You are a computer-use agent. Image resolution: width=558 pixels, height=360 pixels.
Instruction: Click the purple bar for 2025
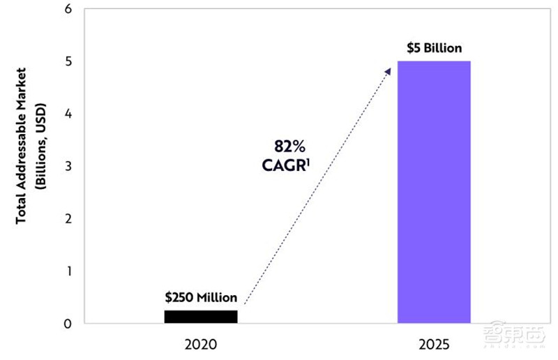[x=434, y=192]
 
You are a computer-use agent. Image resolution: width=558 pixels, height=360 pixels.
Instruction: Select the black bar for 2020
[x=201, y=317]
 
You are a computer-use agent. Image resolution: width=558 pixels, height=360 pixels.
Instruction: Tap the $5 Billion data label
[x=434, y=48]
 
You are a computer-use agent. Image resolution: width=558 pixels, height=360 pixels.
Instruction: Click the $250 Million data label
[x=201, y=297]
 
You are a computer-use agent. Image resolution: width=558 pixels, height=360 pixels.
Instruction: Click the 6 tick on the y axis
[x=67, y=10]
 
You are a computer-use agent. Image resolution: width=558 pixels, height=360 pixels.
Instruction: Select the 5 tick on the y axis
[x=67, y=62]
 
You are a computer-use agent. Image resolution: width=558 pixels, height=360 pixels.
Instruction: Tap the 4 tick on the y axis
[x=67, y=114]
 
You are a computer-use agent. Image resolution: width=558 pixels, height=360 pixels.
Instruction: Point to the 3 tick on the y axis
[x=67, y=166]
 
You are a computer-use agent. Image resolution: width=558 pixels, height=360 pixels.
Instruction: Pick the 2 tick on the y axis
[x=67, y=218]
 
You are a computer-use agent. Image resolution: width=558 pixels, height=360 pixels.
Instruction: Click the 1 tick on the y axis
[x=68, y=271]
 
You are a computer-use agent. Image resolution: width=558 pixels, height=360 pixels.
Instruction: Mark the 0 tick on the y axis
[x=67, y=323]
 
